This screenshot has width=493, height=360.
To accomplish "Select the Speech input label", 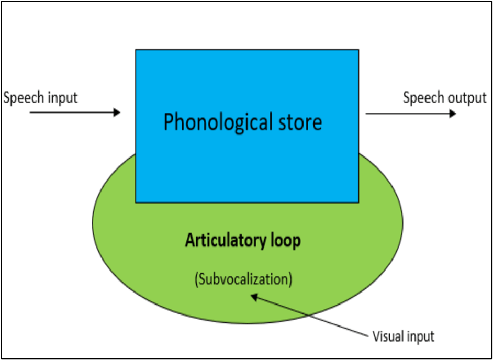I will pyautogui.click(x=40, y=97).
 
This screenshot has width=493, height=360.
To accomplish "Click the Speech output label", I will pyautogui.click(x=444, y=97).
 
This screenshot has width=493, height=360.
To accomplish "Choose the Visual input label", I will pyautogui.click(x=403, y=335).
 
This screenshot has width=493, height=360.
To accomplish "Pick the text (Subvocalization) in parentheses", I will pyautogui.click(x=243, y=279).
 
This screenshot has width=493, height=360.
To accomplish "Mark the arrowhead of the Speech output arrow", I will pyautogui.click(x=453, y=113).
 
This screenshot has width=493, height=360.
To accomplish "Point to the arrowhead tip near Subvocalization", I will pyautogui.click(x=252, y=296).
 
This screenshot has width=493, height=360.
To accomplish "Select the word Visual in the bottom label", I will pyautogui.click(x=386, y=335).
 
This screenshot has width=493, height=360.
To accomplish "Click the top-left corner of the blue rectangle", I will pyautogui.click(x=136, y=50).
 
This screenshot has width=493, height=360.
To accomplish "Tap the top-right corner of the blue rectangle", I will pyautogui.click(x=358, y=50).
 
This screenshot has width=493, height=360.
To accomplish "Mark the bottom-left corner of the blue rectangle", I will pyautogui.click(x=136, y=202).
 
